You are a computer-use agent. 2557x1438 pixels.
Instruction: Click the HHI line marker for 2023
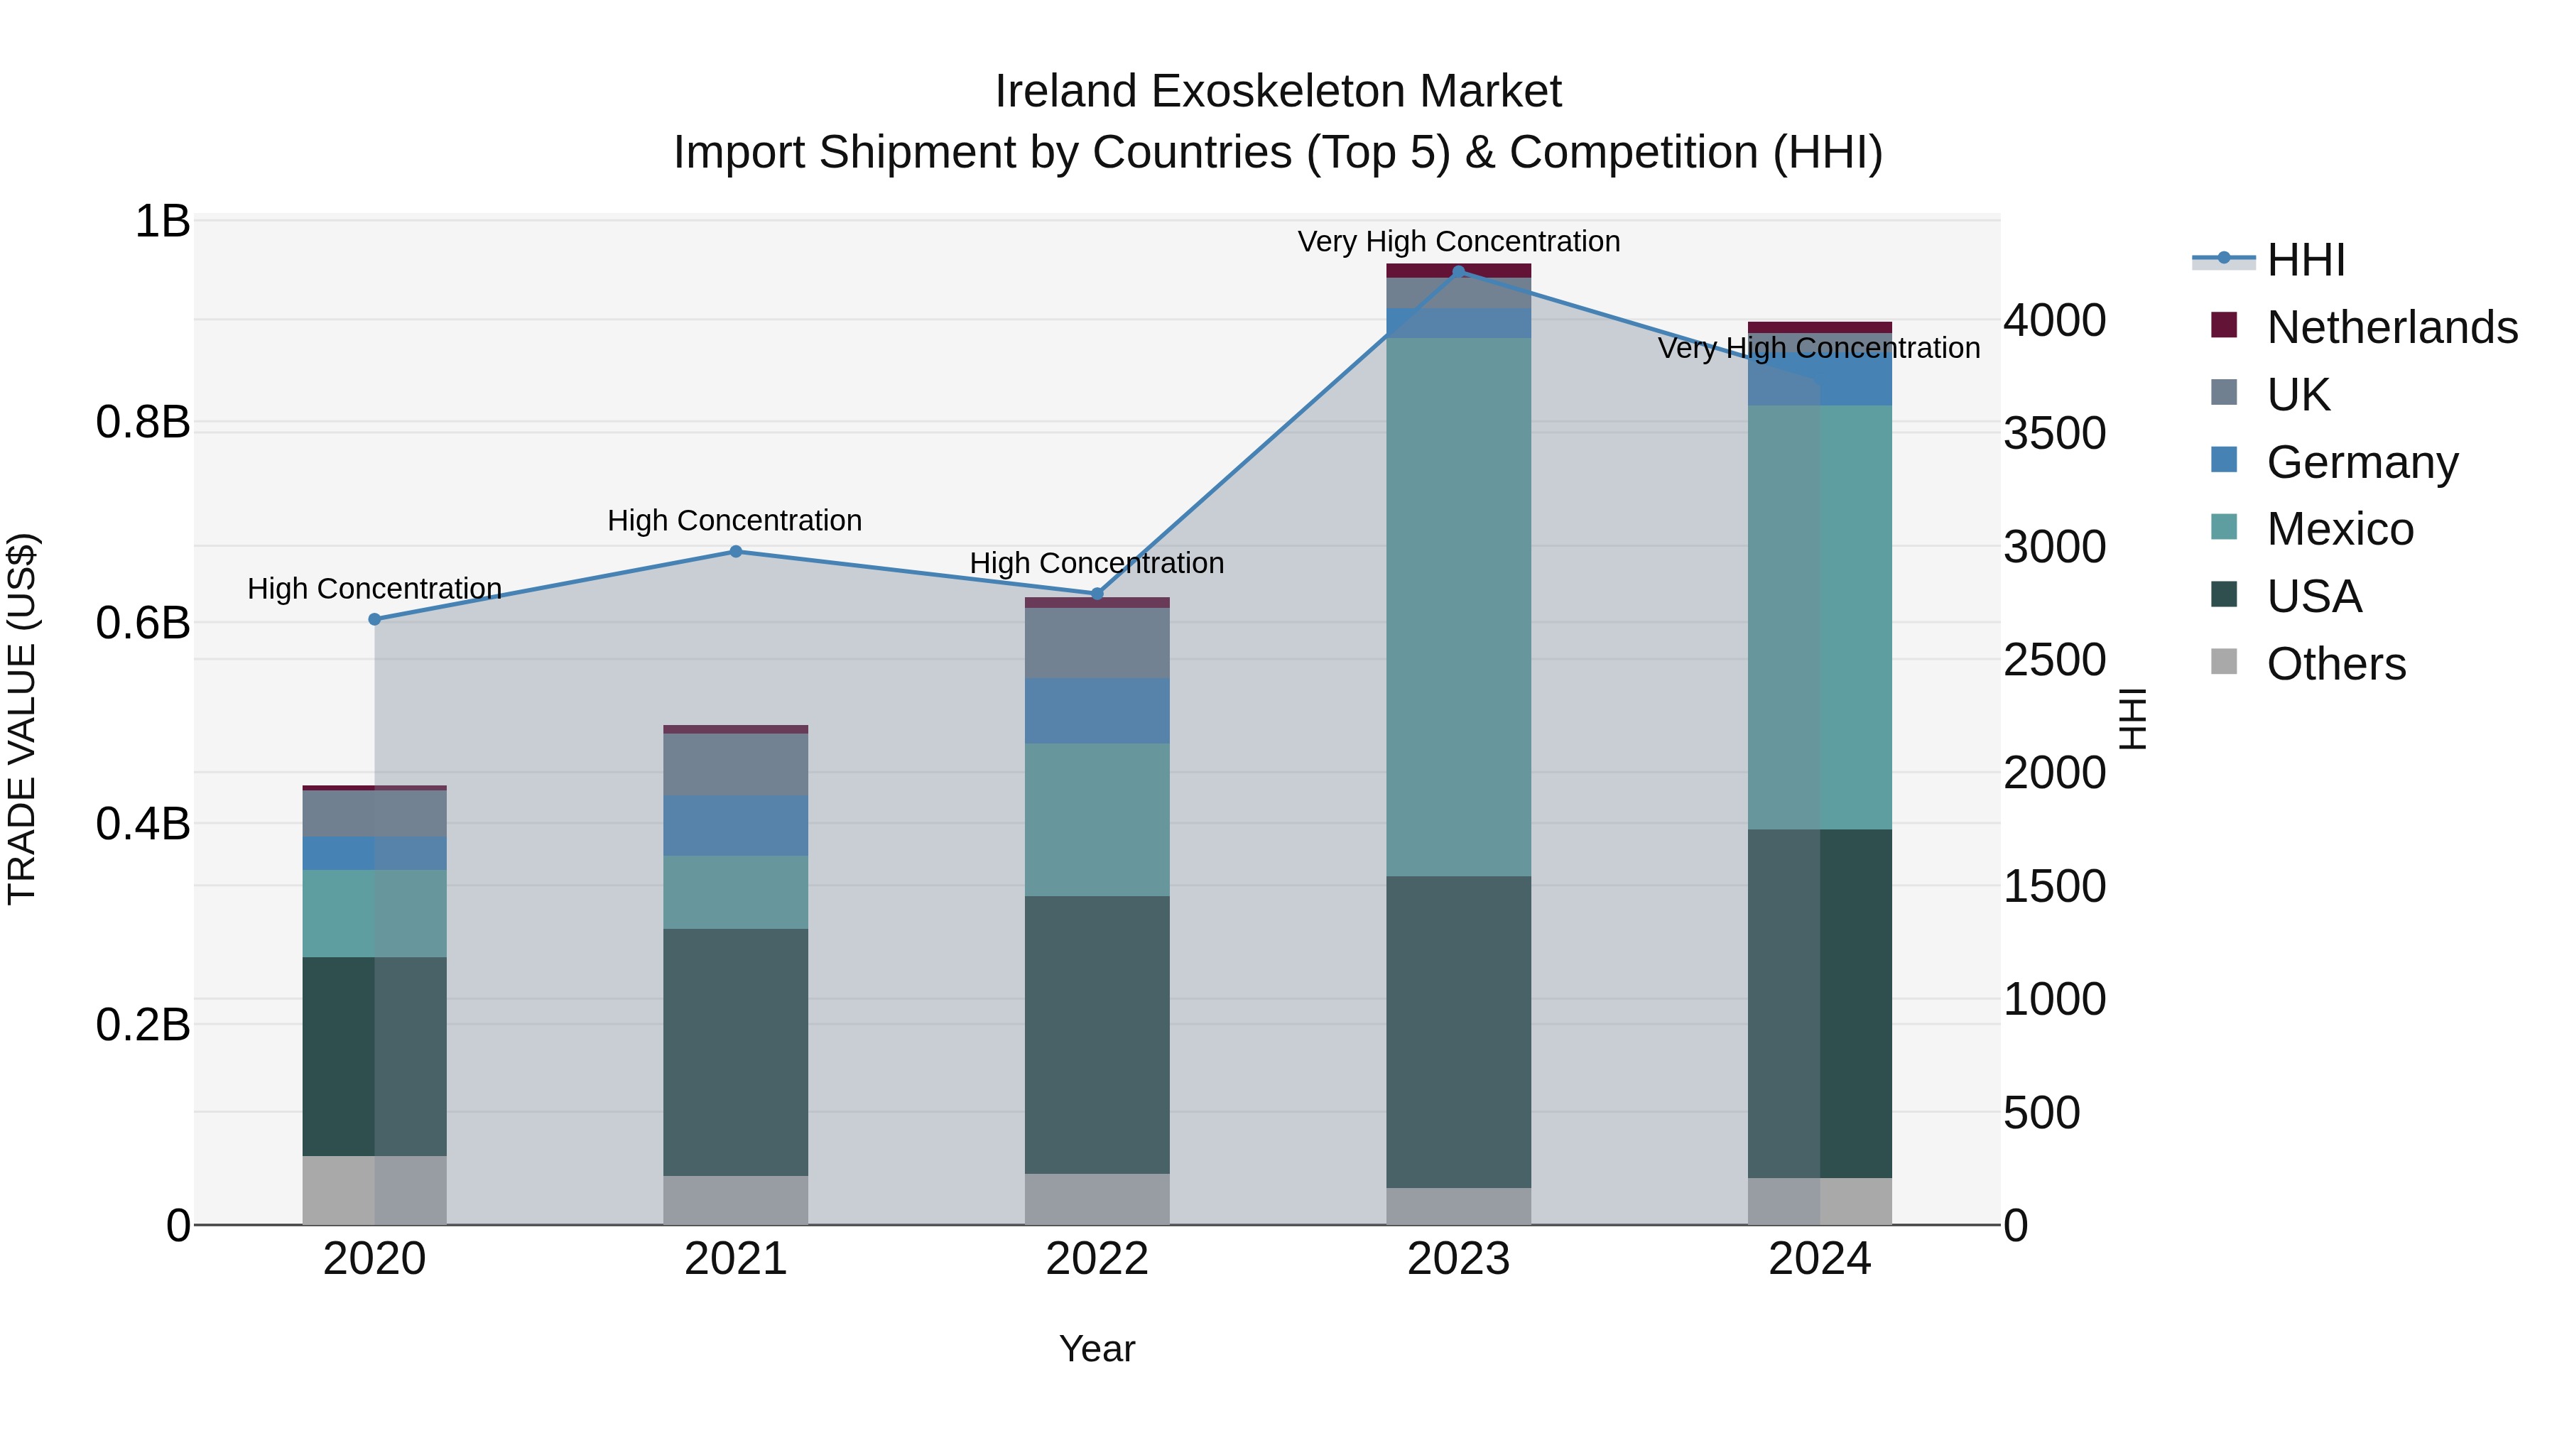pyautogui.click(x=1458, y=272)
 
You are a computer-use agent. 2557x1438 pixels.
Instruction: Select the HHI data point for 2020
pyautogui.click(x=374, y=619)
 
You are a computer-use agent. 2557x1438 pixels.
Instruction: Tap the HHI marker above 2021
pyautogui.click(x=736, y=552)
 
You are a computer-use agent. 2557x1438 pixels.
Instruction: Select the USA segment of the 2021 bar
pyautogui.click(x=736, y=1052)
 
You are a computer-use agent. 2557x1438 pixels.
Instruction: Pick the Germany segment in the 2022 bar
pyautogui.click(x=1097, y=711)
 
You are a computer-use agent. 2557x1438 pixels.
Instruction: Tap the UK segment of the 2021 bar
pyautogui.click(x=736, y=764)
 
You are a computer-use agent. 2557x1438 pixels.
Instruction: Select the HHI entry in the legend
pyautogui.click(x=2305, y=260)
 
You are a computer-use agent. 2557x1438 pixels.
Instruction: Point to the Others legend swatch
pyautogui.click(x=2225, y=662)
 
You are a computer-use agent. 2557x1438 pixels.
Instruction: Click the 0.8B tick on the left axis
pyautogui.click(x=143, y=423)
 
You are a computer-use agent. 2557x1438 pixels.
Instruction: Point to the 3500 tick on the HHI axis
pyautogui.click(x=2053, y=434)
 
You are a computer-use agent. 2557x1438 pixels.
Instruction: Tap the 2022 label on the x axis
pyautogui.click(x=1097, y=1259)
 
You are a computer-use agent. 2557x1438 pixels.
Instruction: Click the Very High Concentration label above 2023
pyautogui.click(x=1458, y=241)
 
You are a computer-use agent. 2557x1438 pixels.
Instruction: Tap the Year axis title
pyautogui.click(x=1097, y=1349)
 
